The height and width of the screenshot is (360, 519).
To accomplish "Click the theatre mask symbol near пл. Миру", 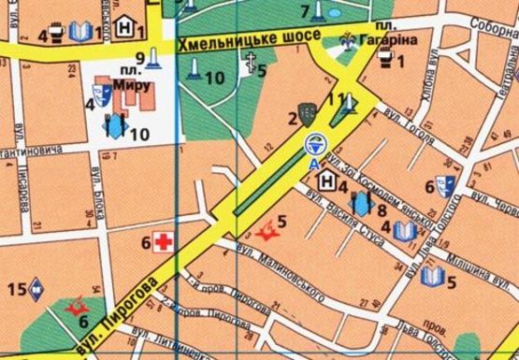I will [x=100, y=95].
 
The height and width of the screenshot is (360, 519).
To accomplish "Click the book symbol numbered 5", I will [x=432, y=275].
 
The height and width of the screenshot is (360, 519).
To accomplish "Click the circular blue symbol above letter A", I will [x=312, y=144].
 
